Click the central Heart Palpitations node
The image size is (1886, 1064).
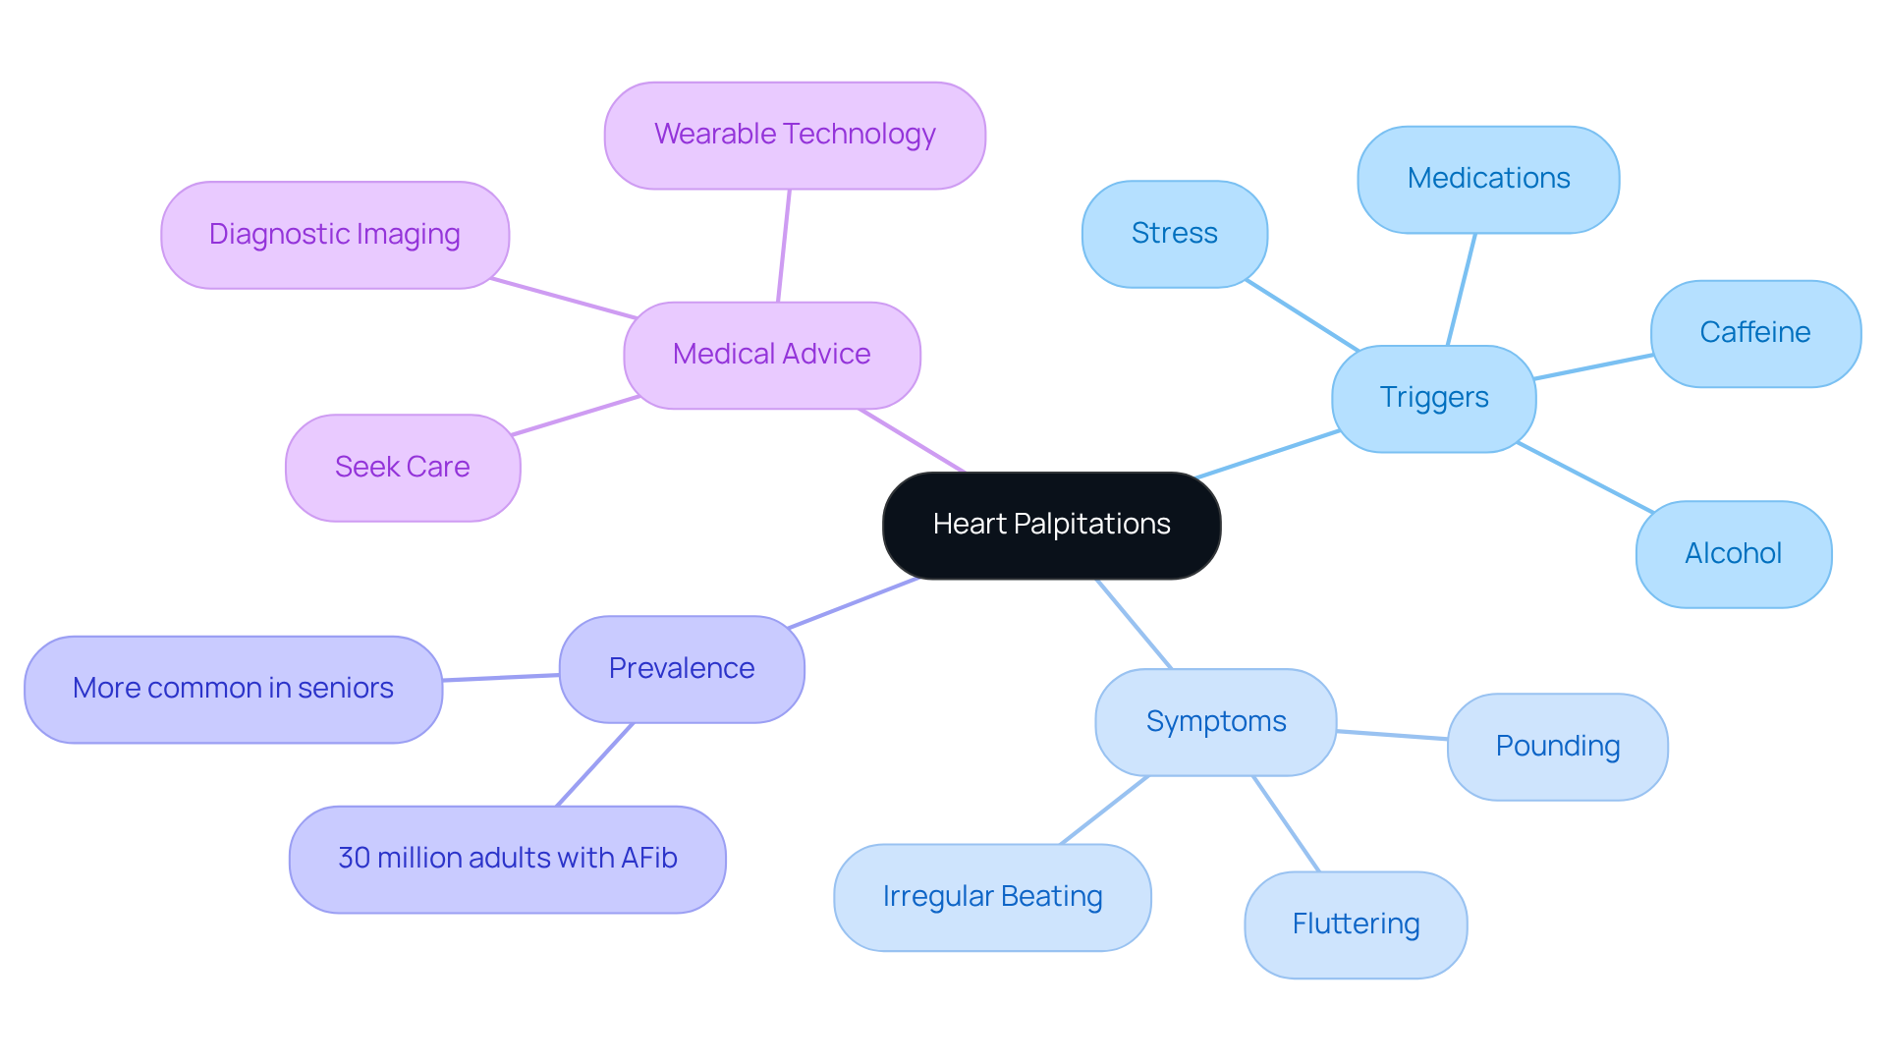tap(1051, 525)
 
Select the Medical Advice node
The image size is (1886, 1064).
tap(771, 355)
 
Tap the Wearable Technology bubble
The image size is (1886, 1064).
tap(795, 135)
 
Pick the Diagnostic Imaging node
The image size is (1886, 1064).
tap(334, 235)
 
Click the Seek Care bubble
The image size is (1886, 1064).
tap(402, 468)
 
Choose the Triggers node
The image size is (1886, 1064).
tap(1433, 398)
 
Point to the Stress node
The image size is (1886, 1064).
tap(1174, 234)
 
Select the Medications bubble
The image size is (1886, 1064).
tap(1488, 179)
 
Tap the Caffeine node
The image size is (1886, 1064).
tap(1754, 333)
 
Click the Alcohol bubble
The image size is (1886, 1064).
tap(1733, 554)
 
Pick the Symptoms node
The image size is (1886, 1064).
tap(1215, 722)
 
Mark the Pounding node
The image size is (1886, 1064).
tap(1557, 747)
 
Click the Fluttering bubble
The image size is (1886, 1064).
tap(1356, 924)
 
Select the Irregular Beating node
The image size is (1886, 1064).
tap(992, 897)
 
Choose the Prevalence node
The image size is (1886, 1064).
tap(682, 669)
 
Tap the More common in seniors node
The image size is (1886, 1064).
tap(233, 689)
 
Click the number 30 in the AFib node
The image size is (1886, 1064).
tap(354, 859)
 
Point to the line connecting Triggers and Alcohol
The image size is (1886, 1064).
tap(1584, 477)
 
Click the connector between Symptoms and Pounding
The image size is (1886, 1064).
tap(1392, 735)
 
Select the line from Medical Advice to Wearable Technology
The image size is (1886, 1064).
tap(784, 246)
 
